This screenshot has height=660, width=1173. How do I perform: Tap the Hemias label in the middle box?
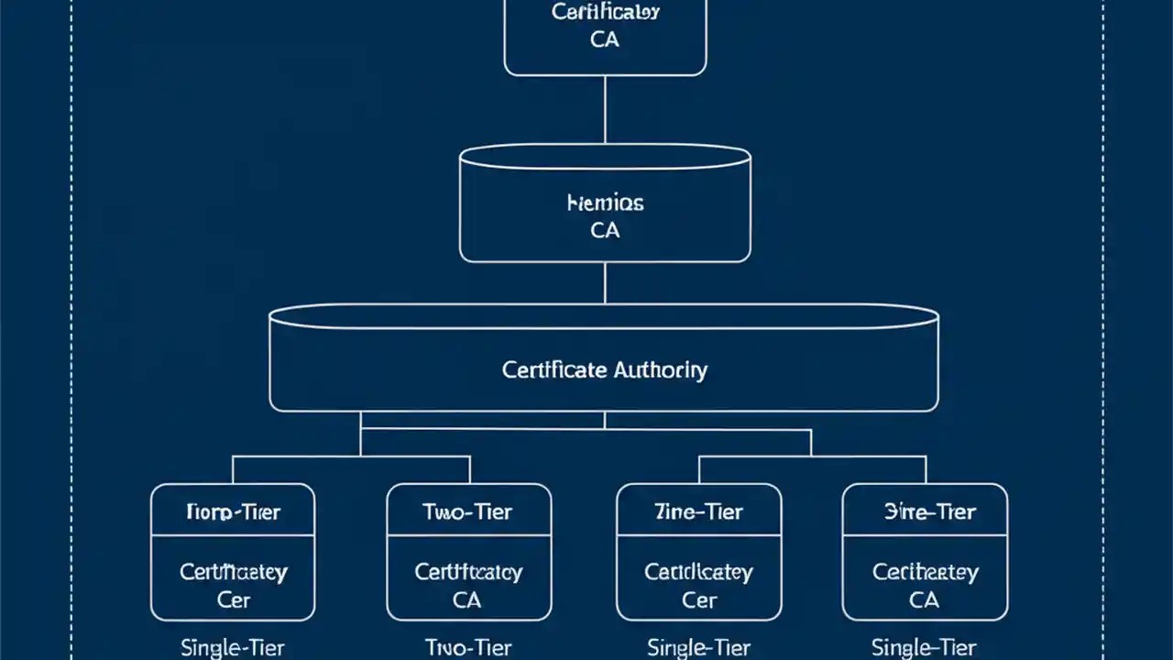tap(605, 203)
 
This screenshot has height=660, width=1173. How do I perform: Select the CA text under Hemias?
tap(605, 230)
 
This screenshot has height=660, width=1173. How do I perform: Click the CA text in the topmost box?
tap(605, 40)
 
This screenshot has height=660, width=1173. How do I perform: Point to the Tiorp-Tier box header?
tap(232, 511)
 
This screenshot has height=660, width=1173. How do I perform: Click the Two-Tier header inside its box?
tap(468, 511)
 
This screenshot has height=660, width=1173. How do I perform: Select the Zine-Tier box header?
tap(698, 511)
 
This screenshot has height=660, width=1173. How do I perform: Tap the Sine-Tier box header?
tap(924, 511)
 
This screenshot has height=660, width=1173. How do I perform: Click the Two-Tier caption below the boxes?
tap(468, 647)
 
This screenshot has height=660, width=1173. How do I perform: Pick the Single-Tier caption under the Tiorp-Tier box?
tap(232, 647)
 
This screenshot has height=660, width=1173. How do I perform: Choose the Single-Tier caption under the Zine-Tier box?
tap(698, 647)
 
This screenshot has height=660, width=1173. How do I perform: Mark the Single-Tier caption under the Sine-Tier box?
tap(924, 647)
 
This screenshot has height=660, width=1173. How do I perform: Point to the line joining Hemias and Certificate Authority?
tap(605, 282)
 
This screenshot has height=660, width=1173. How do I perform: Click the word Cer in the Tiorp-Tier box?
tap(233, 600)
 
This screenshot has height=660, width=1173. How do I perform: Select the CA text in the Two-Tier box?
tap(467, 600)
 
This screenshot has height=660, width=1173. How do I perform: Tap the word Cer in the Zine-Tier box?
tap(698, 600)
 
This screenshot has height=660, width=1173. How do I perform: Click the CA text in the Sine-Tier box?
tap(924, 600)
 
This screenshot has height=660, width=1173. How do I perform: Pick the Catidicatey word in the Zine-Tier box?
tap(698, 572)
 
